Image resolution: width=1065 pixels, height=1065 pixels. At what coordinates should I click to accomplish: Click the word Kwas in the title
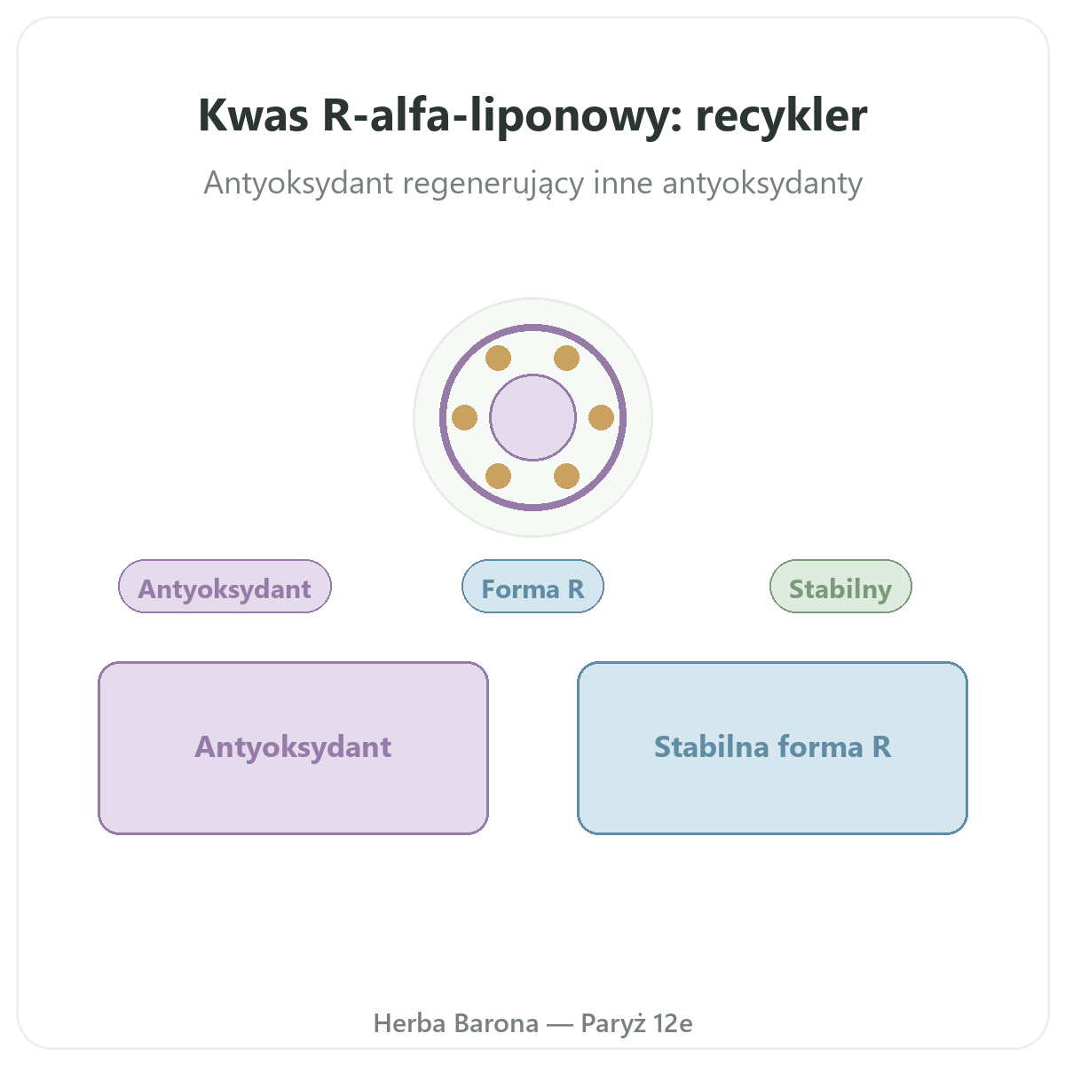(x=253, y=115)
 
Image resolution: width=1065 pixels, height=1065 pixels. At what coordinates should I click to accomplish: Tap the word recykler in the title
(x=781, y=115)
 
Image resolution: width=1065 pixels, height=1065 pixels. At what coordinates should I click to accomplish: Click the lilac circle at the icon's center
(x=532, y=417)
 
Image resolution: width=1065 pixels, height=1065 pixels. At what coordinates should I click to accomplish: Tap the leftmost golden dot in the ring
(x=464, y=417)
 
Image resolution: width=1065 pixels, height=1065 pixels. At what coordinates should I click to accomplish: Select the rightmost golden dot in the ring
(x=602, y=417)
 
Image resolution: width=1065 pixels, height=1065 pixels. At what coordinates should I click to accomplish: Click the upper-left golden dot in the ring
(x=498, y=359)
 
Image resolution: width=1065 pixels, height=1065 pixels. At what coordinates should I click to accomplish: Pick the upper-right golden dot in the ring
(x=566, y=359)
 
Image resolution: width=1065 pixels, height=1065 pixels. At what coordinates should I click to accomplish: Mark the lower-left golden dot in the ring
(x=498, y=477)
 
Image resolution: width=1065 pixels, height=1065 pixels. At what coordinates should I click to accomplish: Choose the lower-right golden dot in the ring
(x=566, y=477)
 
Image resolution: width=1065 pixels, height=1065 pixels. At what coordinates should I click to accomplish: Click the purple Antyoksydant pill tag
(x=225, y=587)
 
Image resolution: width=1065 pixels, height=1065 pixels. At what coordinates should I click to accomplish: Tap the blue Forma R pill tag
(x=532, y=587)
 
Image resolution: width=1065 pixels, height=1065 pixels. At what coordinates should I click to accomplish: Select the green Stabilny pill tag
(x=840, y=587)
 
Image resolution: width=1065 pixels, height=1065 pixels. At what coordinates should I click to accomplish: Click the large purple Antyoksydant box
(x=293, y=748)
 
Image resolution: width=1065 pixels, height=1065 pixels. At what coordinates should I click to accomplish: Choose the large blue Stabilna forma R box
(x=772, y=748)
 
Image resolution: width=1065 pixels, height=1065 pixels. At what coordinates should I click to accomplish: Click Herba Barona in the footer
(x=456, y=1023)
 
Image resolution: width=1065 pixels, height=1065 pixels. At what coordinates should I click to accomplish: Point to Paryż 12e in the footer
(x=636, y=1024)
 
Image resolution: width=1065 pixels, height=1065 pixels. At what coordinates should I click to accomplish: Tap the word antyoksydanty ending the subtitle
(x=762, y=184)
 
